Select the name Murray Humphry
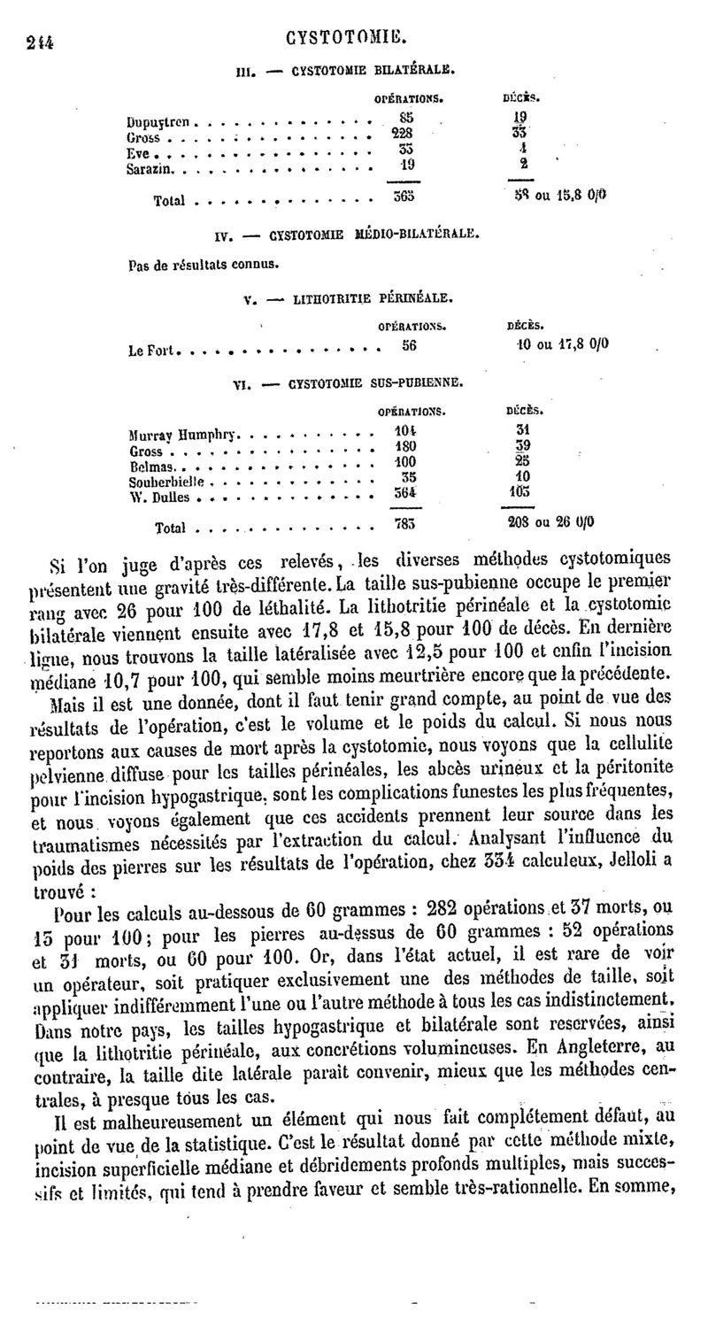185,436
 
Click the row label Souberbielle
166,482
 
